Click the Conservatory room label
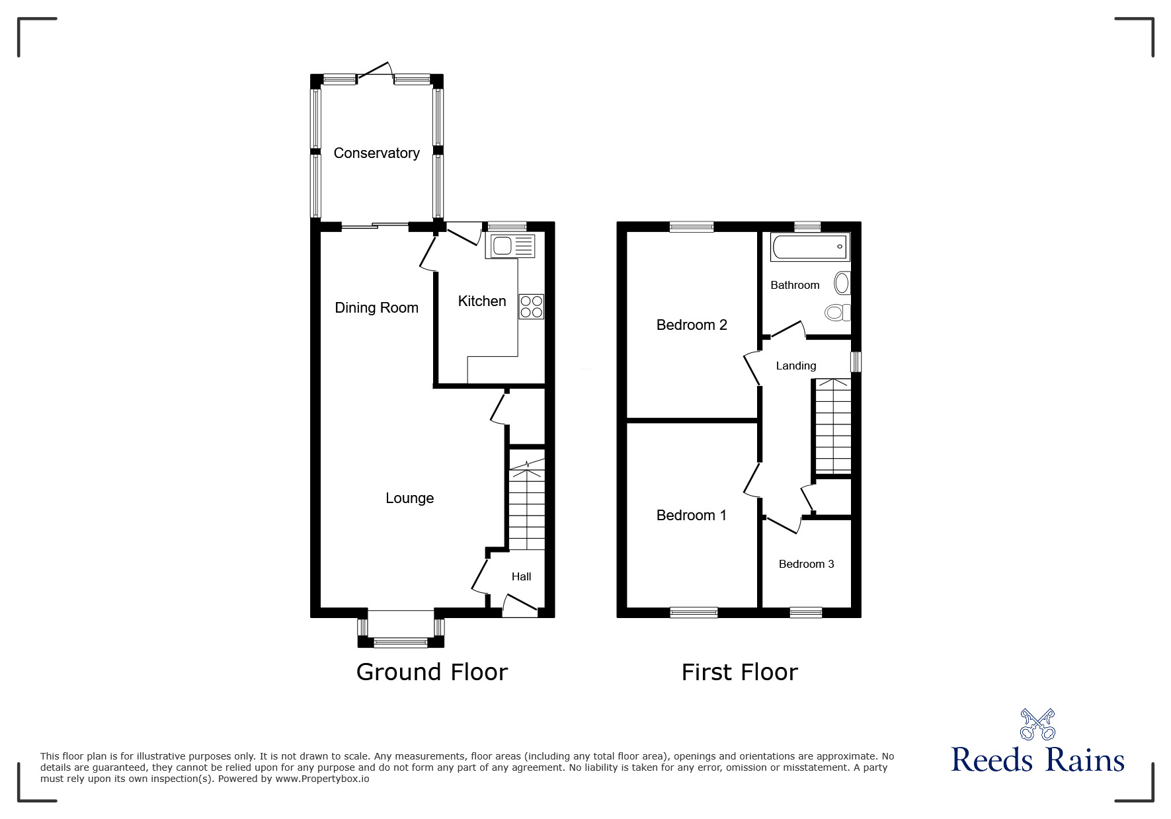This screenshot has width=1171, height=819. (x=376, y=153)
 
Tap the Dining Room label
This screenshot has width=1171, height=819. (x=376, y=308)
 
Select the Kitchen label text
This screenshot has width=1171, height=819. (x=482, y=301)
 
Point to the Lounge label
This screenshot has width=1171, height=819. (x=410, y=498)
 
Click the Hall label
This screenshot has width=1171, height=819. (x=521, y=577)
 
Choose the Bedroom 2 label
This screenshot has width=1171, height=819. (x=692, y=325)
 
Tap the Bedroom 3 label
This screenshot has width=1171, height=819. (x=806, y=564)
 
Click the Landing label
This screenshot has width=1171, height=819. (x=796, y=366)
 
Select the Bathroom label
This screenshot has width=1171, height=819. (x=795, y=285)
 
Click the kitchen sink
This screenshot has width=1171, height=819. (x=509, y=246)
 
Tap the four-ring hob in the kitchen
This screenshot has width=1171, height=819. (x=532, y=307)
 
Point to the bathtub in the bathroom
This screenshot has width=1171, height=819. (x=810, y=247)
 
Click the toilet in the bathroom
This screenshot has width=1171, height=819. (x=838, y=312)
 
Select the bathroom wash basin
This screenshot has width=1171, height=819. (x=842, y=284)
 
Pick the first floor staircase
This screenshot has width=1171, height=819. (x=833, y=426)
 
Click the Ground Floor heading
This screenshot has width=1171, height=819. (x=432, y=672)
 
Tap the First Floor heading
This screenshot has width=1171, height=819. (x=740, y=672)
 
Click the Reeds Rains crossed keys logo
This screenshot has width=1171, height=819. (x=1037, y=724)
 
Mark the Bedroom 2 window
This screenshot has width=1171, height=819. (x=692, y=227)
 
